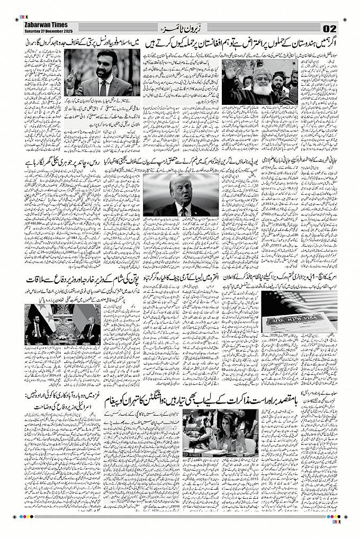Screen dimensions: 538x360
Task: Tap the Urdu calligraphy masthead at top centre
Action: coord(179,26)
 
